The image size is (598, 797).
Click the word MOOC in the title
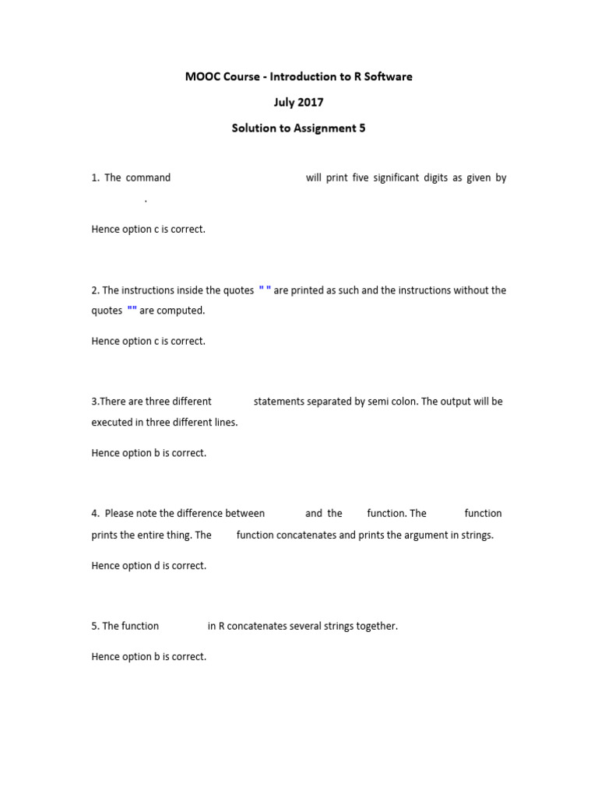(202, 76)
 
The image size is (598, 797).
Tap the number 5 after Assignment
(362, 128)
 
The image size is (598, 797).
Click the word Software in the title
(385, 76)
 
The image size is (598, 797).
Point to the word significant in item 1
(385, 177)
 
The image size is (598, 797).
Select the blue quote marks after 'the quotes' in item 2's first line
(265, 290)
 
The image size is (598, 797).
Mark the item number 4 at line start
(95, 514)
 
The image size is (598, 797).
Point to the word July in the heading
(284, 102)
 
